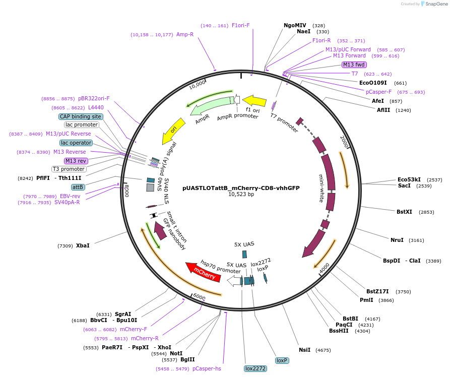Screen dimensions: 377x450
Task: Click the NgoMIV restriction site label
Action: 295,25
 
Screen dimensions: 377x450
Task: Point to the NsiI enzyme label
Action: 304,350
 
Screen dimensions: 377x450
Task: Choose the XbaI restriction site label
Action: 83,246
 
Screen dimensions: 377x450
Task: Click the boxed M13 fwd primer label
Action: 354,65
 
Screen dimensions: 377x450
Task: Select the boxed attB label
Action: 78,187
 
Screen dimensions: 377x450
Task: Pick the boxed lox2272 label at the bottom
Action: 255,368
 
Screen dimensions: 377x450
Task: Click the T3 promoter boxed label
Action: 69,169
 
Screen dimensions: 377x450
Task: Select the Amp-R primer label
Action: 185,35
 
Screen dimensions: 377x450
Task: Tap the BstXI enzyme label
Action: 404,212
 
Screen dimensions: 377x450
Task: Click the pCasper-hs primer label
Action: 207,369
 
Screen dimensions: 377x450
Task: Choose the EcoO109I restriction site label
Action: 373,83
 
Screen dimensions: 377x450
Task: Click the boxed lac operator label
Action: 77,143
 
